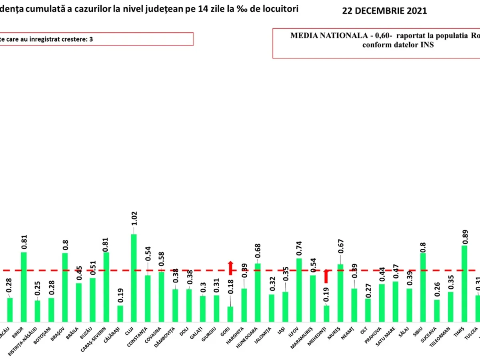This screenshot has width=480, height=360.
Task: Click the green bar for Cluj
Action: [134, 278]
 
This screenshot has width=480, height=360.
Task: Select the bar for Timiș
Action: [464, 283]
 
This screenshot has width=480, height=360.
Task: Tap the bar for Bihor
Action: [24, 287]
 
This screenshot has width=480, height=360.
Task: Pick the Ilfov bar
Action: [299, 290]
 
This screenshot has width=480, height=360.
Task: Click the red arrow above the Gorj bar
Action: [230, 268]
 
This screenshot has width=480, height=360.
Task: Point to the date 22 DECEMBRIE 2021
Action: [384, 11]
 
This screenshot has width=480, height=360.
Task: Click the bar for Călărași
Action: [120, 314]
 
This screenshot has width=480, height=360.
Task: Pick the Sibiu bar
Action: [423, 287]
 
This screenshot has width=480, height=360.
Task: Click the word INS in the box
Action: [428, 45]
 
